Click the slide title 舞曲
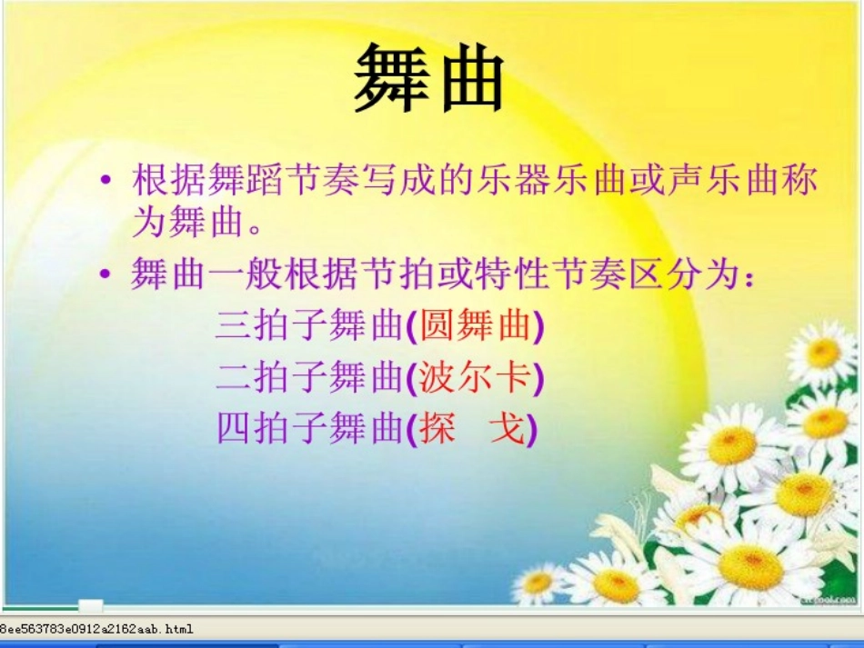click(x=429, y=77)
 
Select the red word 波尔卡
click(x=475, y=376)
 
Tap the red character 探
click(x=437, y=427)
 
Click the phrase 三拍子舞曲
click(x=308, y=325)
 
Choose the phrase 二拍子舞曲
click(x=308, y=376)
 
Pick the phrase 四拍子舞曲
click(x=308, y=427)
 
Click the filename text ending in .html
click(x=95, y=628)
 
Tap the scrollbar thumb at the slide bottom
click(x=90, y=605)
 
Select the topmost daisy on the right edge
click(x=823, y=353)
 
